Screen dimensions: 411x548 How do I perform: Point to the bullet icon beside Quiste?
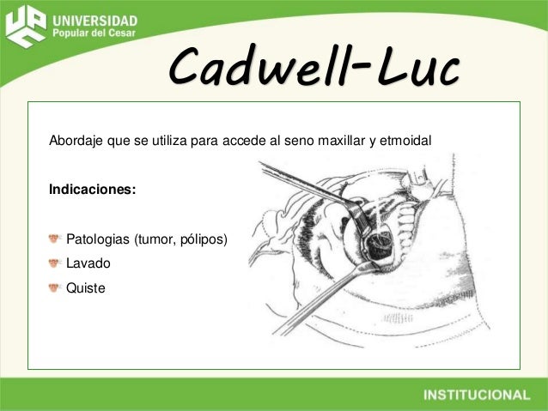[x=55, y=289]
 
